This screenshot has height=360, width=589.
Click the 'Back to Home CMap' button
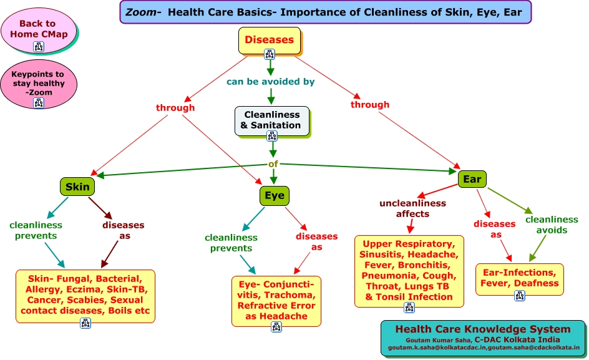[x=38, y=29]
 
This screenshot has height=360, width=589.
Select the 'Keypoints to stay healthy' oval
[x=38, y=83]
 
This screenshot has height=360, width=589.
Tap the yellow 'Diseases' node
[x=269, y=40]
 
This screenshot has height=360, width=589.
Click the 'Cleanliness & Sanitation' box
[x=271, y=120]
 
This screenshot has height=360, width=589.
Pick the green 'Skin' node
[x=77, y=186]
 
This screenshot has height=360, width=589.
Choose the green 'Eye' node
[x=274, y=195]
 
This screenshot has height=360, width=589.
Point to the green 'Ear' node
[x=472, y=180]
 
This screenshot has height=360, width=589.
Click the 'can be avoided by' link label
[x=270, y=81]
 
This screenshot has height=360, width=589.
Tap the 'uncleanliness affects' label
[x=412, y=208]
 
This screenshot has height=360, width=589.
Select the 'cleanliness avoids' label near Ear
[x=552, y=225]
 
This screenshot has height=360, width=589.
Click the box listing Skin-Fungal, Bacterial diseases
[x=85, y=294]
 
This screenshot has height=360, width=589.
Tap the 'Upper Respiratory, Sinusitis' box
[x=409, y=270]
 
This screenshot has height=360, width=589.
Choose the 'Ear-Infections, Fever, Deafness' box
[x=519, y=278]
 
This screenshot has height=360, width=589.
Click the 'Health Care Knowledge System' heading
[x=482, y=329]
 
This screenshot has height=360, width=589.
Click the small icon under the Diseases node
[x=270, y=54]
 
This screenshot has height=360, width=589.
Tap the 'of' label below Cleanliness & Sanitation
[x=273, y=165]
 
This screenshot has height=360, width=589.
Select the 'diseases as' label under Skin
[x=123, y=230]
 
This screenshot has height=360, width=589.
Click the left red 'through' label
[x=175, y=107]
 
